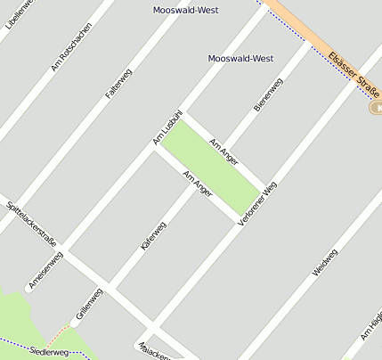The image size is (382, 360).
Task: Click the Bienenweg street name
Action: [268, 94]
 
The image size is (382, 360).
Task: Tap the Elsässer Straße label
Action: [354, 74]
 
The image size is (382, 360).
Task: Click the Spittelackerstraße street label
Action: [30, 223]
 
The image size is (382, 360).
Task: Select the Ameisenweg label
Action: [45, 268]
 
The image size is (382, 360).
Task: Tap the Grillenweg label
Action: [89, 303]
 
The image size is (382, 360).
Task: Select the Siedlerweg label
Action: [48, 352]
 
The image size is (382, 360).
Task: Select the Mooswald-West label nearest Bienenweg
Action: [240, 58]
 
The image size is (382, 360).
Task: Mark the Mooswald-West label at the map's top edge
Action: [186, 11]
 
